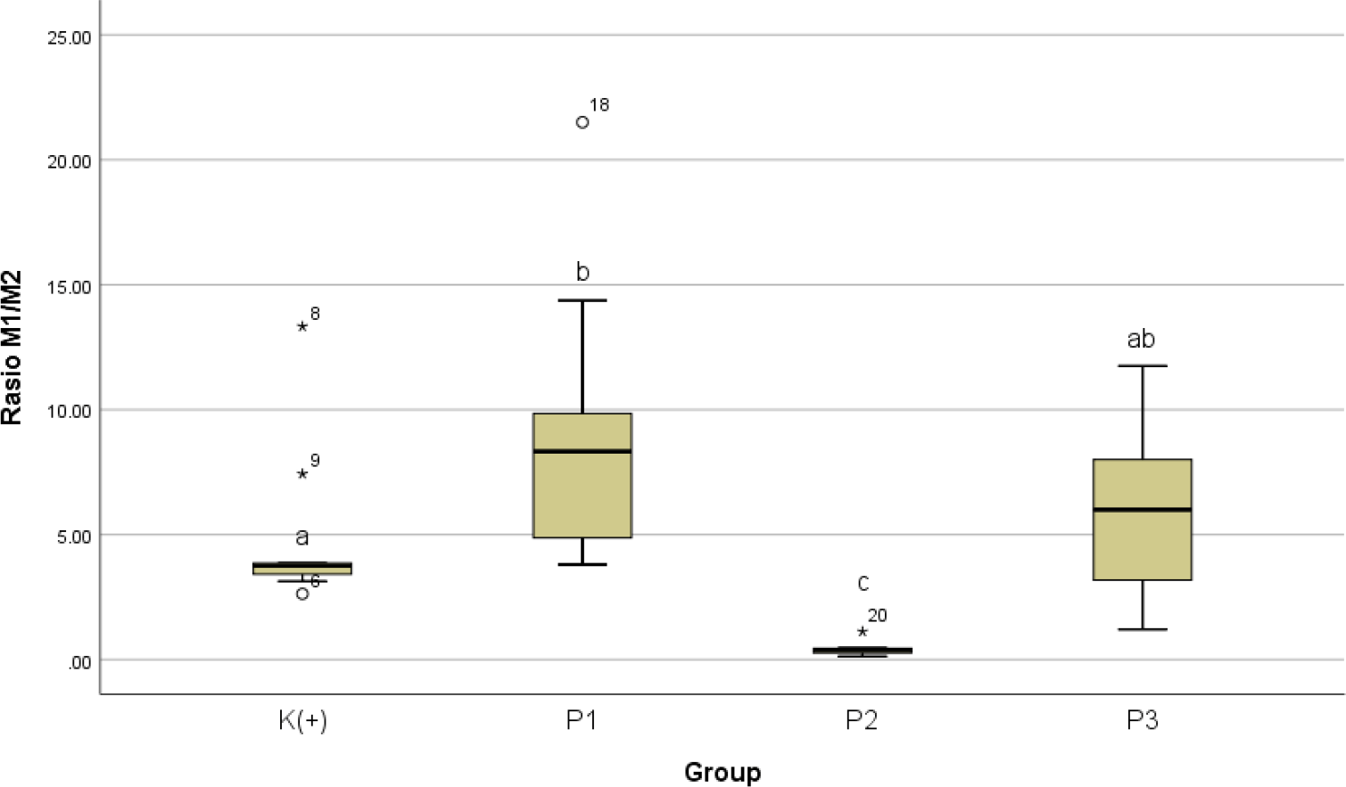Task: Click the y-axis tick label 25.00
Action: [x=69, y=37]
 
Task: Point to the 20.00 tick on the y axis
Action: [x=69, y=162]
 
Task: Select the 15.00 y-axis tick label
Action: [x=69, y=287]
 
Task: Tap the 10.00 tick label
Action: [x=69, y=412]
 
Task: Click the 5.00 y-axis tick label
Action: [x=72, y=537]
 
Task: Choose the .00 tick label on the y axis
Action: [x=79, y=662]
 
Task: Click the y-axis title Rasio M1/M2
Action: [x=12, y=348]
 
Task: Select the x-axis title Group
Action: [x=723, y=772]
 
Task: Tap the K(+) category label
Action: [x=302, y=720]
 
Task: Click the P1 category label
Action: [x=582, y=720]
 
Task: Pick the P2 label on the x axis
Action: [x=862, y=720]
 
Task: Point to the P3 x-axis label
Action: [x=1142, y=720]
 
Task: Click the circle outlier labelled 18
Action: [x=582, y=122]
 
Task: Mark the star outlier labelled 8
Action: [x=302, y=326]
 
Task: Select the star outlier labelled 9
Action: [x=302, y=473]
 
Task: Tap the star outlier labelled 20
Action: [x=862, y=631]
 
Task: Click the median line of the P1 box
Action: [x=582, y=451]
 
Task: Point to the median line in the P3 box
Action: [x=1143, y=509]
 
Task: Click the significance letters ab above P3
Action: [x=1141, y=339]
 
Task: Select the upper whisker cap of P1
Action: [x=582, y=300]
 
